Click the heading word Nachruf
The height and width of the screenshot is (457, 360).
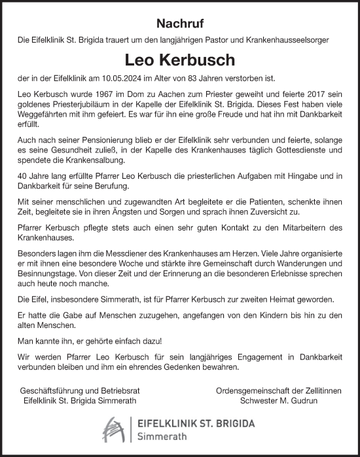point(180,23)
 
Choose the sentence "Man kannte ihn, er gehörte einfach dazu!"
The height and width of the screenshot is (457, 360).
point(93,340)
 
